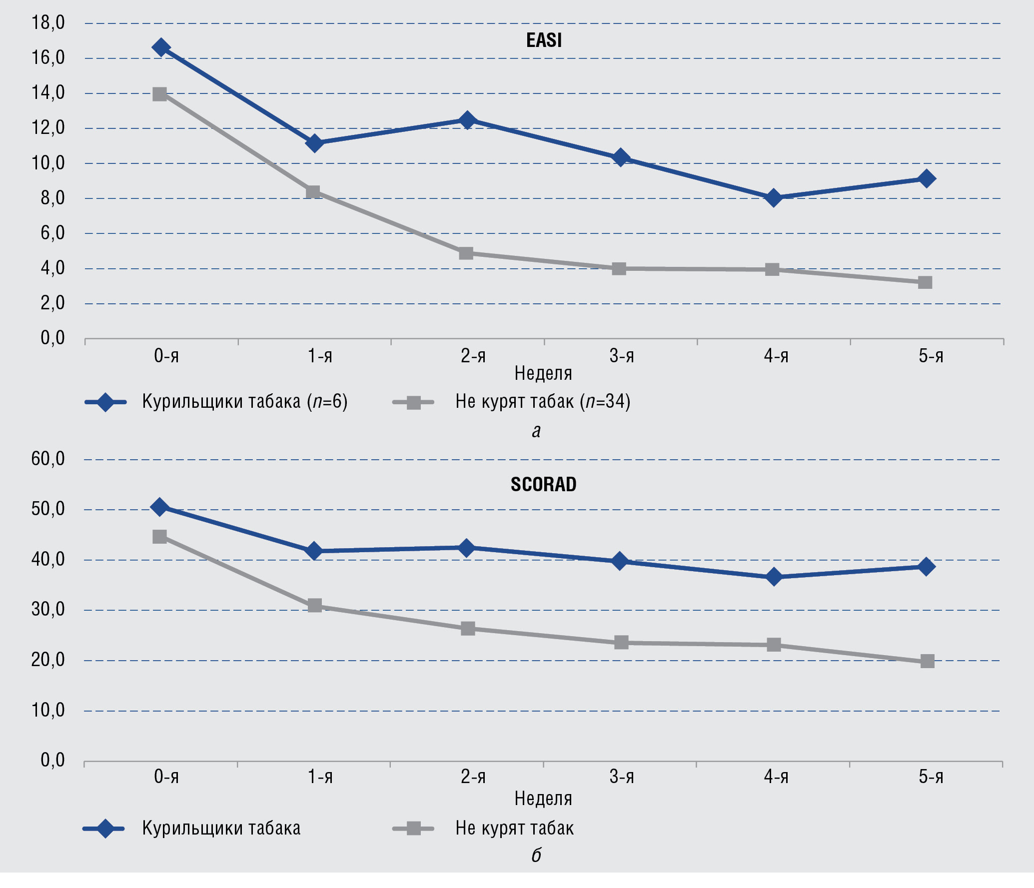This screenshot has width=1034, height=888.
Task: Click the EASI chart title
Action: (x=544, y=40)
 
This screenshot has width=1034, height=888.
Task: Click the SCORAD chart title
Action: (x=543, y=484)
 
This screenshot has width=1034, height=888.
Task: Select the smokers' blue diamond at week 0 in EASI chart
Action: (x=161, y=47)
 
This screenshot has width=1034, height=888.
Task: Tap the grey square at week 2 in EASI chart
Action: (x=466, y=253)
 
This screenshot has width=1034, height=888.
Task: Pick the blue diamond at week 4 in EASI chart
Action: (x=773, y=198)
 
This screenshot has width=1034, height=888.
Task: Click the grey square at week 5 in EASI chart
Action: (x=925, y=282)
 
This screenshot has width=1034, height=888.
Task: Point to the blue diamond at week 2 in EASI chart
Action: (x=467, y=120)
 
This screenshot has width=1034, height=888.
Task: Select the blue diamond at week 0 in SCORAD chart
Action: (x=160, y=507)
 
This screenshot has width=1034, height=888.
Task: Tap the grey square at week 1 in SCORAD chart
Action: (x=315, y=606)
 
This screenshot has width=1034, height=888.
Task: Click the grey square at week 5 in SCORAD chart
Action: (x=927, y=661)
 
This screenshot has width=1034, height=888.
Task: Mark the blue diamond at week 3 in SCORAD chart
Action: (x=620, y=561)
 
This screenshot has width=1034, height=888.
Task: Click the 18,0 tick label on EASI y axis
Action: (x=48, y=23)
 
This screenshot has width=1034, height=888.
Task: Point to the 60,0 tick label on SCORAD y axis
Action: (x=48, y=459)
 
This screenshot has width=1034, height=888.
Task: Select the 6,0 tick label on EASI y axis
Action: (x=52, y=233)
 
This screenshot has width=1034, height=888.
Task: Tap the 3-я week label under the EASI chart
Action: (x=622, y=356)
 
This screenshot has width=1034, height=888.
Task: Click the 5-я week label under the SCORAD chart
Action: (x=931, y=777)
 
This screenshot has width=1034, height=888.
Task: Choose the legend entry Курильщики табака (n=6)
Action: (x=244, y=402)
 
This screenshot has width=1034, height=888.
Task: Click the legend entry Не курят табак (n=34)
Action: (x=542, y=402)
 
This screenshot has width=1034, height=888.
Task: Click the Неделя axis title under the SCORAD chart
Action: (x=543, y=799)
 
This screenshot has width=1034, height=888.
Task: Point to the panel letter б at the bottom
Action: (x=536, y=856)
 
